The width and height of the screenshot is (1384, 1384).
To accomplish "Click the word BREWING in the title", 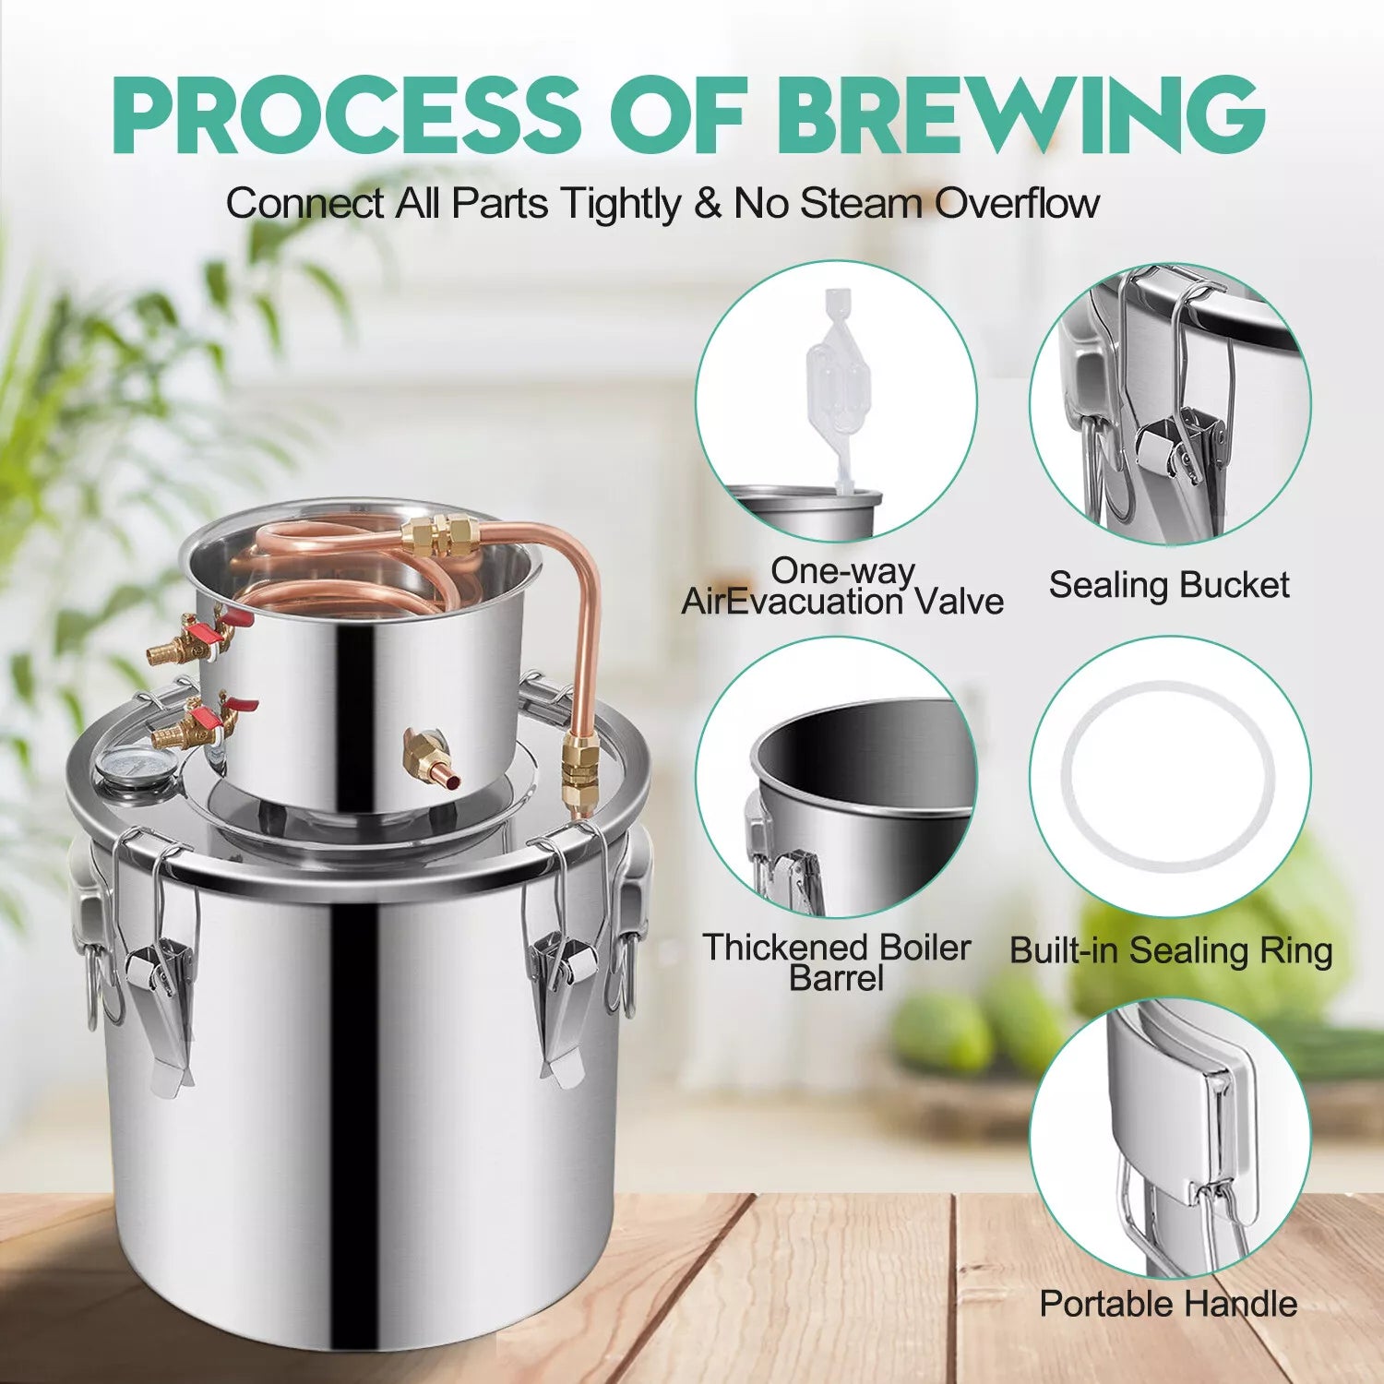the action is [1020, 114].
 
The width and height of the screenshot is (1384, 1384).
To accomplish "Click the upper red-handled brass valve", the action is [198, 637].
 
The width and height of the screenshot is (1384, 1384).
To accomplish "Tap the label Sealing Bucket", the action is [1169, 585].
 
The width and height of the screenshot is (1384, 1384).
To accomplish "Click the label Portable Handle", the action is [1168, 1304].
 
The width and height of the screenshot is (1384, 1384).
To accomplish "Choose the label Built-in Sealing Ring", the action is [1171, 950].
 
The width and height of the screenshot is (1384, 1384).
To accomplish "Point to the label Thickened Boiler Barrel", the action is [837, 962].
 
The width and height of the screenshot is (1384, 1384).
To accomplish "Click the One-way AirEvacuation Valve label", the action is [842, 586].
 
